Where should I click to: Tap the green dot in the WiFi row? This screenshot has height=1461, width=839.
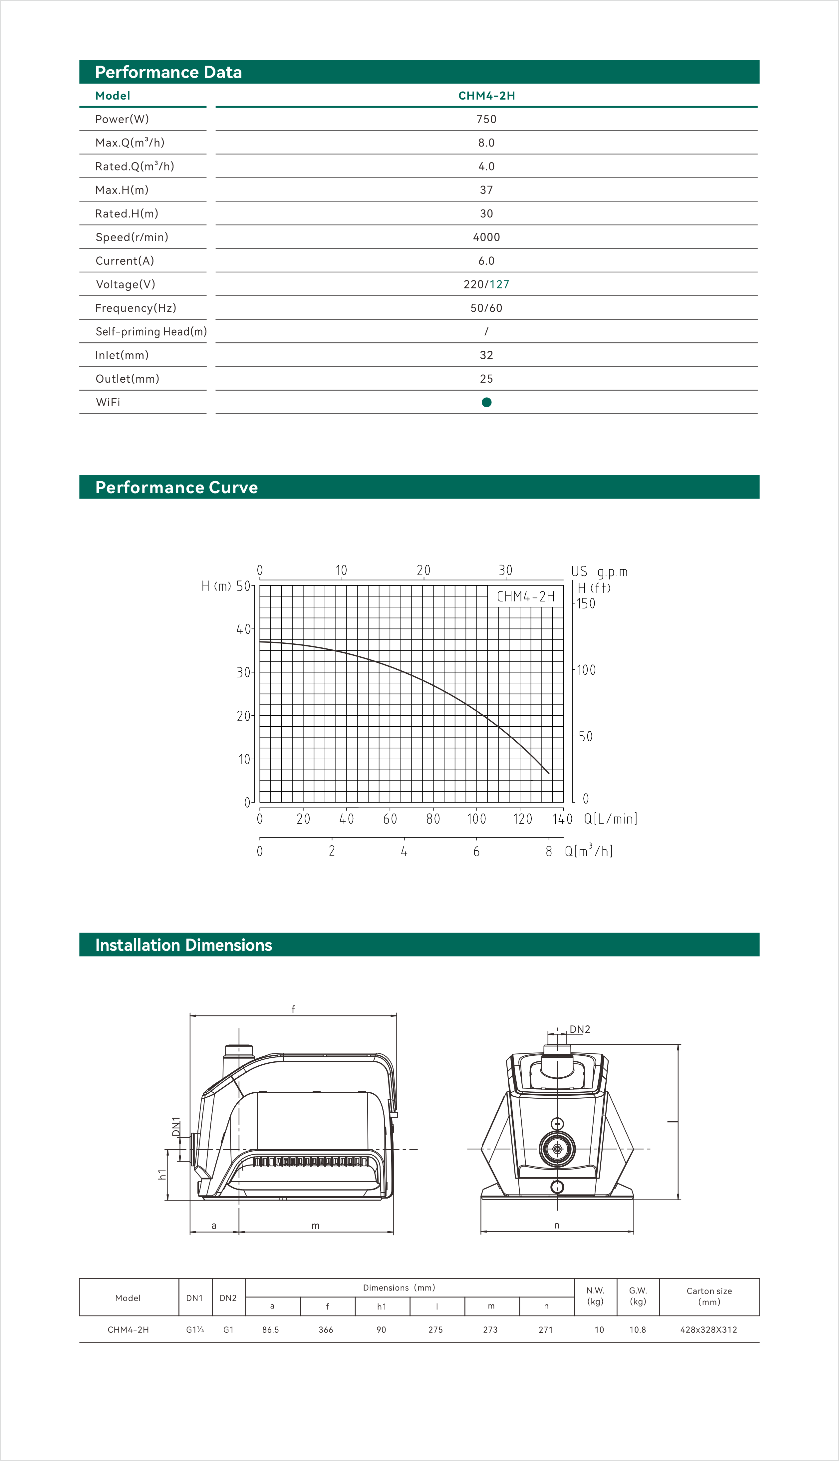click(x=486, y=402)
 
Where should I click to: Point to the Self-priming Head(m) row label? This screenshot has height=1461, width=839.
click(x=151, y=331)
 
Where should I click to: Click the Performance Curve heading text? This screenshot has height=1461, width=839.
click(x=176, y=488)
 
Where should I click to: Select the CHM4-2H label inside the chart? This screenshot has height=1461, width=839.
click(x=525, y=596)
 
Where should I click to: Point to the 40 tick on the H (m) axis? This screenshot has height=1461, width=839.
click(x=244, y=629)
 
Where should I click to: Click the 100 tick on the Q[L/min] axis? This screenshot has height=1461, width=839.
click(x=476, y=819)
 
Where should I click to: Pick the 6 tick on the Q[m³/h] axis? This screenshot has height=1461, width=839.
click(x=476, y=851)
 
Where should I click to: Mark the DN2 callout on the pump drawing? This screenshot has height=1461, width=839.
click(x=580, y=1029)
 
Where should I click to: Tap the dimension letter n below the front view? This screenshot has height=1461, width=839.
click(x=557, y=1225)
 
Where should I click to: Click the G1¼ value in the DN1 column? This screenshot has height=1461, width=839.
click(x=195, y=1329)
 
